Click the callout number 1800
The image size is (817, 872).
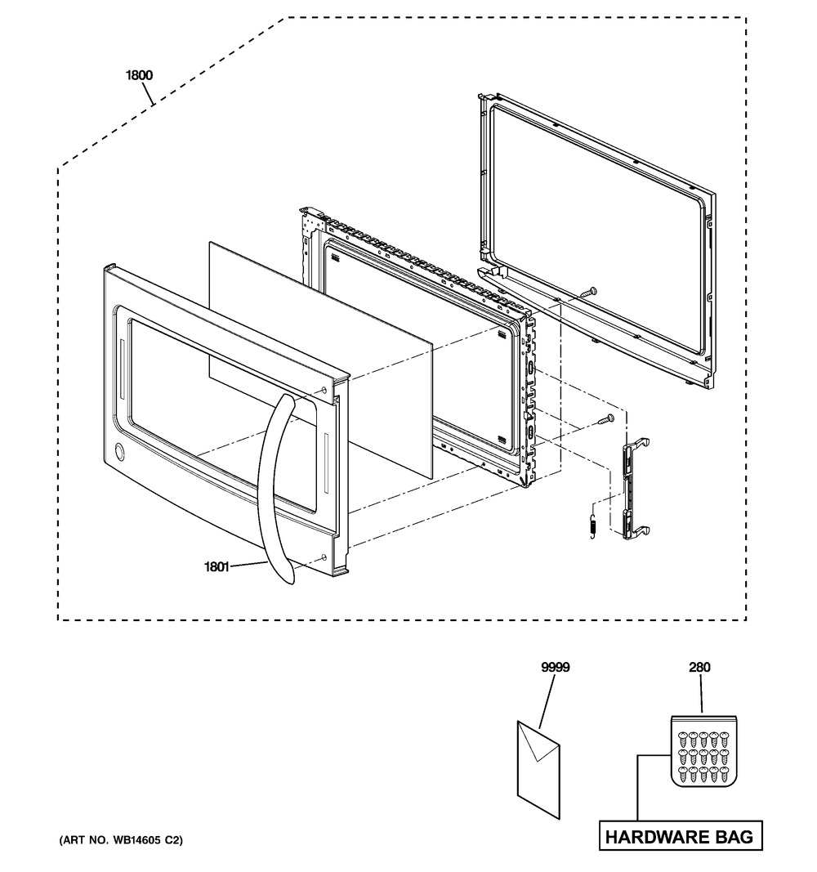click(x=139, y=74)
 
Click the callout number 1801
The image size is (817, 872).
click(x=217, y=566)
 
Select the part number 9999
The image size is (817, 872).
click(x=556, y=667)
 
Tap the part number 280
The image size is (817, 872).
click(x=699, y=667)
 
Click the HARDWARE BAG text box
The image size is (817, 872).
click(x=681, y=836)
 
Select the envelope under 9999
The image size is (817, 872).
click(x=538, y=770)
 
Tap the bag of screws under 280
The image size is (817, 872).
click(x=703, y=751)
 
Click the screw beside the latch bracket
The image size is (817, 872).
click(x=606, y=419)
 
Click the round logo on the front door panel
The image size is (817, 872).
click(x=119, y=452)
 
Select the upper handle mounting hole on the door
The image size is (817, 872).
click(x=324, y=391)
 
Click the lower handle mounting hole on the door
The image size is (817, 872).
click(x=324, y=557)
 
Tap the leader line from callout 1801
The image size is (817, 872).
click(x=248, y=565)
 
